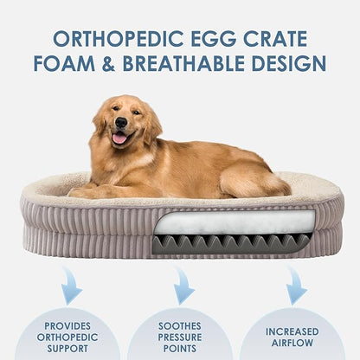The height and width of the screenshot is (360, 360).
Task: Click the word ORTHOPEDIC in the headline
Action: (x=107, y=38)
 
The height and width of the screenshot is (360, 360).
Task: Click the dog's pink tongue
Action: (x=119, y=138)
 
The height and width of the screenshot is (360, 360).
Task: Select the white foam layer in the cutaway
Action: (x=234, y=222)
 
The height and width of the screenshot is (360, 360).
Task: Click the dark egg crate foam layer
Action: (x=234, y=242)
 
